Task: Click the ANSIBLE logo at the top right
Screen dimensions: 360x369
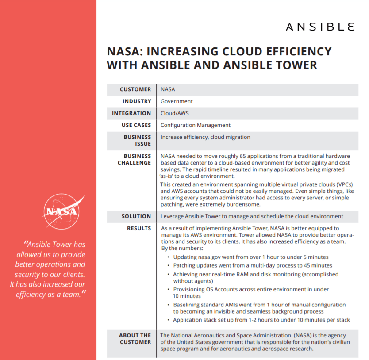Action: (320, 27)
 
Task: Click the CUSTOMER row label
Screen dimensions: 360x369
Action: (135, 89)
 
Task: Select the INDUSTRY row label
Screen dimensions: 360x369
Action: (137, 101)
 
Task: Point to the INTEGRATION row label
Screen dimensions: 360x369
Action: (131, 113)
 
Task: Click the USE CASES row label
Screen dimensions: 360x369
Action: (136, 125)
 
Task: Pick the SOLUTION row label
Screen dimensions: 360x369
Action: (136, 216)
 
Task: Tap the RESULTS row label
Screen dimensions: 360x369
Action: (139, 228)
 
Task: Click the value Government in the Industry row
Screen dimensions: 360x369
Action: (177, 101)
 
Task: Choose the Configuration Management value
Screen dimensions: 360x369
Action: (196, 125)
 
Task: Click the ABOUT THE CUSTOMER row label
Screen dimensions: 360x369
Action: (135, 338)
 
